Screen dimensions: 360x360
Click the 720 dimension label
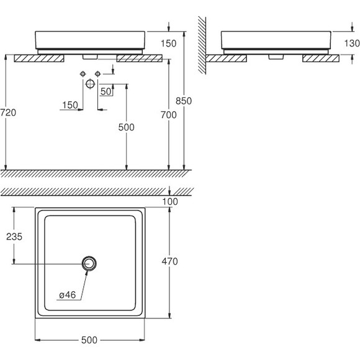[8, 113]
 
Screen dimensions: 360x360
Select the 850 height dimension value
[184, 101]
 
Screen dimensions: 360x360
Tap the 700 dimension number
[169, 115]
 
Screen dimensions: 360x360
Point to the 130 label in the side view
[352, 43]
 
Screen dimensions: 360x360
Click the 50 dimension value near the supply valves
[106, 92]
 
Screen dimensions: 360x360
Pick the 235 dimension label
[14, 236]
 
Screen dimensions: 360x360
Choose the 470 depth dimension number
[169, 261]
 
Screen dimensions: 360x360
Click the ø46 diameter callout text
[67, 295]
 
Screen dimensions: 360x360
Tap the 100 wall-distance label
[170, 202]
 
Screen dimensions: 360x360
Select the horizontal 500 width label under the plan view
[89, 340]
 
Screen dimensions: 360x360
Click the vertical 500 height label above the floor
[126, 127]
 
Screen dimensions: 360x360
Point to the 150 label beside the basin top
[169, 43]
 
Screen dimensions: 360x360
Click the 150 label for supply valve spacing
[70, 105]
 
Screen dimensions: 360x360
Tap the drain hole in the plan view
[89, 264]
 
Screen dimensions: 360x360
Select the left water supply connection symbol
[83, 74]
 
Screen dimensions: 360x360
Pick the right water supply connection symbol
[98, 74]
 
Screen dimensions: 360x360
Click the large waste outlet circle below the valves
[90, 84]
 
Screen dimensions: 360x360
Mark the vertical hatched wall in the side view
[202, 45]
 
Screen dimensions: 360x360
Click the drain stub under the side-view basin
[276, 56]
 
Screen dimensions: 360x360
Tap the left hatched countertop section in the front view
[39, 58]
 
